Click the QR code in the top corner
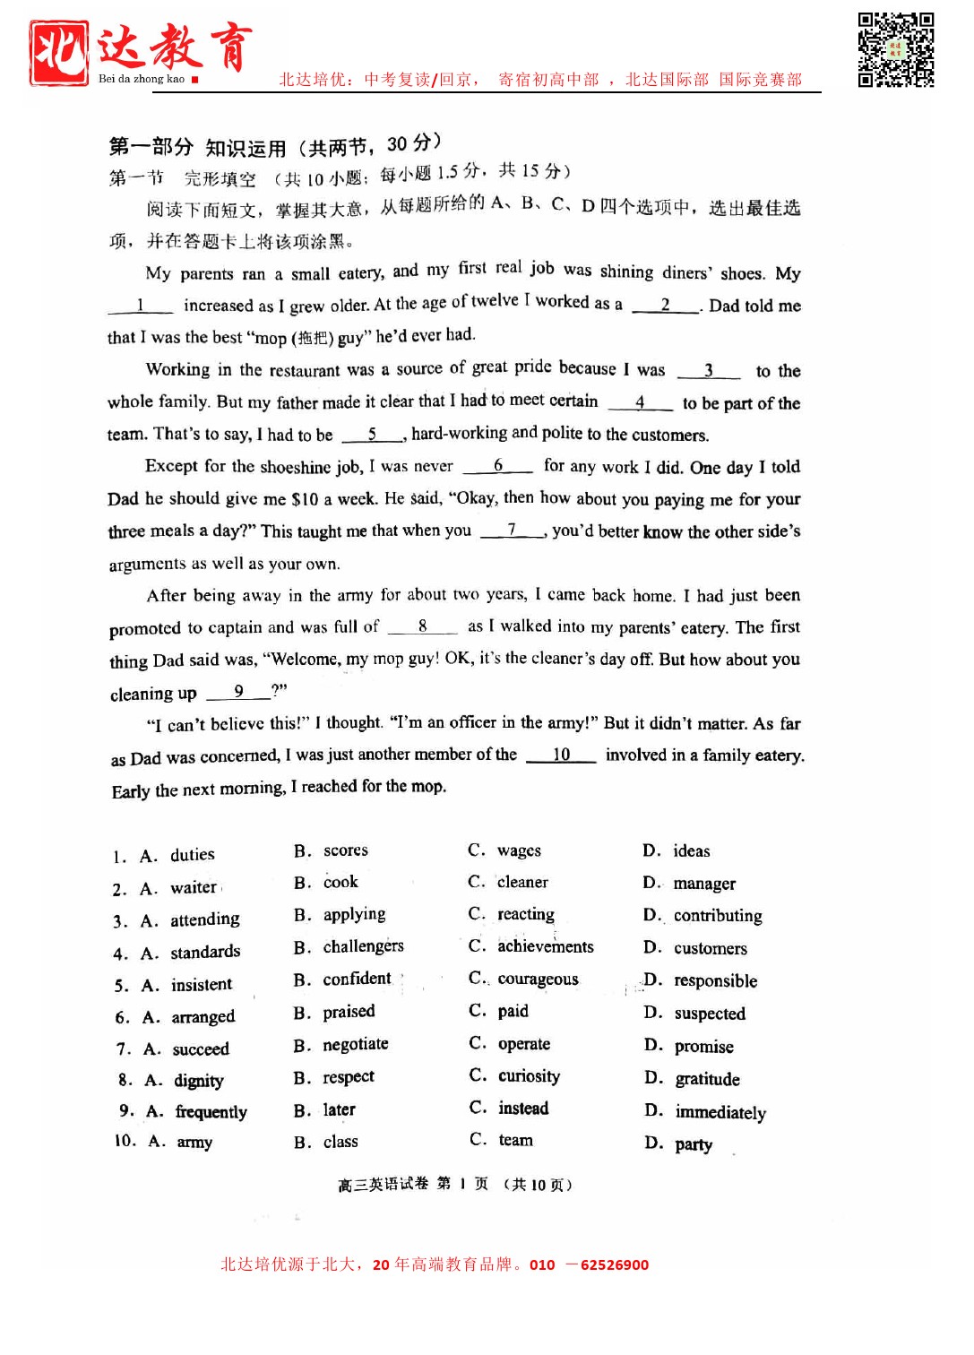pyautogui.click(x=895, y=49)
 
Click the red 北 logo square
pyautogui.click(x=59, y=53)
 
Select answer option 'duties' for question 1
pyautogui.click(x=192, y=855)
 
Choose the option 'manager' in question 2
pyautogui.click(x=703, y=884)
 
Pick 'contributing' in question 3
pyautogui.click(x=717, y=916)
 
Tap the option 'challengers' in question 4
pyautogui.click(x=363, y=946)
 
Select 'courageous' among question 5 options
pyautogui.click(x=538, y=980)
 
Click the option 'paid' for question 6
pyautogui.click(x=513, y=1012)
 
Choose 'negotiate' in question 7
pyautogui.click(x=356, y=1045)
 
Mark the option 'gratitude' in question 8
pyautogui.click(x=706, y=1079)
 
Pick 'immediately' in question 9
pyautogui.click(x=720, y=1112)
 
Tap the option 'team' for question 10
pyautogui.click(x=515, y=1141)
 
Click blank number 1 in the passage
pyautogui.click(x=140, y=306)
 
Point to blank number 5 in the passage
pyautogui.click(x=372, y=435)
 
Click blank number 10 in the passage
pyautogui.click(x=561, y=755)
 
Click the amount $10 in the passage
pyautogui.click(x=305, y=499)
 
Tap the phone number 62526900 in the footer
pyautogui.click(x=614, y=1265)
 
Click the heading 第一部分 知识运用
pyautogui.click(x=197, y=147)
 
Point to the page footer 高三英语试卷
pyautogui.click(x=383, y=1185)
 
